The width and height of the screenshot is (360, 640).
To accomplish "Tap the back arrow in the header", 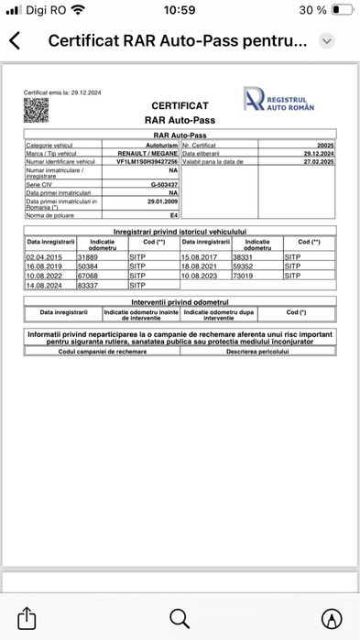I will click(x=16, y=41).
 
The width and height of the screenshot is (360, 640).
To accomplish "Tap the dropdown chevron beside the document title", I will click(x=327, y=41).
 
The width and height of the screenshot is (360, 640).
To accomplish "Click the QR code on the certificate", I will click(x=35, y=110).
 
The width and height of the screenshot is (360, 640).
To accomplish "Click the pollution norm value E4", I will click(x=172, y=214).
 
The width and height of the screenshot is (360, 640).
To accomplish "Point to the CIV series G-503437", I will click(x=164, y=185).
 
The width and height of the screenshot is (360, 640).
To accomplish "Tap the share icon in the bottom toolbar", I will click(x=27, y=616).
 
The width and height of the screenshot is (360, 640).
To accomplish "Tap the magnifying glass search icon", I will click(x=180, y=616).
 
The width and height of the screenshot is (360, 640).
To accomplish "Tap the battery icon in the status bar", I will click(x=342, y=10).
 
